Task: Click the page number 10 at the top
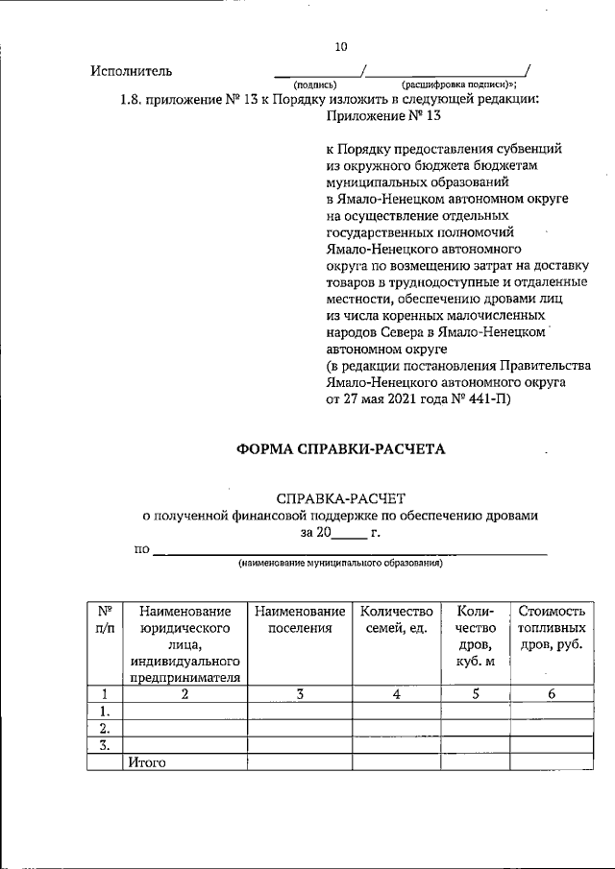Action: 340,46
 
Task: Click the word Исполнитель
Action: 131,71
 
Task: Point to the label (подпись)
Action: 314,84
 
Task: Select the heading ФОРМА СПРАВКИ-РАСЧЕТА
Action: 342,449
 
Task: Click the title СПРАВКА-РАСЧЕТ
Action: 341,498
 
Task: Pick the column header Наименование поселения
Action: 300,619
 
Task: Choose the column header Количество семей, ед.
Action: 395,619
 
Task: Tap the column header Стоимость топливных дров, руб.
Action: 552,628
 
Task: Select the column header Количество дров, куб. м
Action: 476,637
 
